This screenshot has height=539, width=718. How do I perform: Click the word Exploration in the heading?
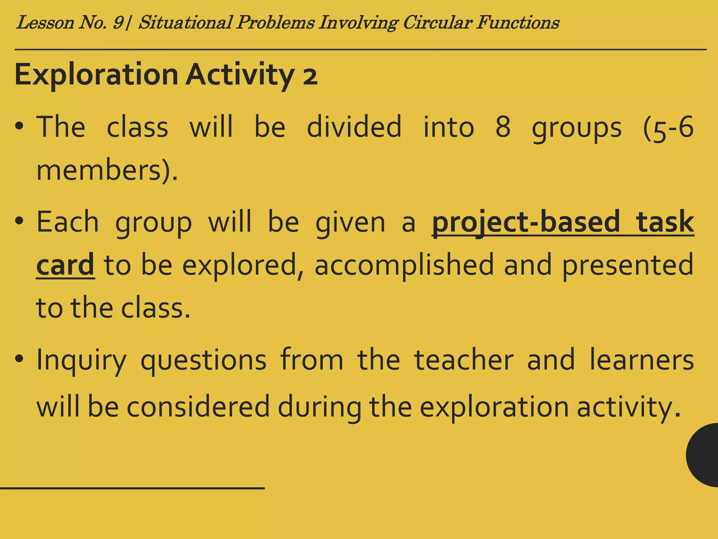[x=96, y=75]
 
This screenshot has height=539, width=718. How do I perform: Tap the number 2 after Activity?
[x=310, y=77]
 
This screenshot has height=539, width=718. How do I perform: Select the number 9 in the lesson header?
[x=118, y=23]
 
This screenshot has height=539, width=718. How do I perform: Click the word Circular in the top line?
[x=437, y=23]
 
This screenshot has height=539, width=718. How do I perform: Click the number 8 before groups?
[x=503, y=127]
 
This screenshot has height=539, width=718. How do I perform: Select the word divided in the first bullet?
[x=354, y=127]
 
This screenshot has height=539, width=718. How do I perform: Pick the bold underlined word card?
[x=65, y=265]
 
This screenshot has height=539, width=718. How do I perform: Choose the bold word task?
[x=665, y=222]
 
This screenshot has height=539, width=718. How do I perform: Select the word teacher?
[x=464, y=360]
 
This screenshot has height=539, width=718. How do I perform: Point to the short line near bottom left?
[x=132, y=488]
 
